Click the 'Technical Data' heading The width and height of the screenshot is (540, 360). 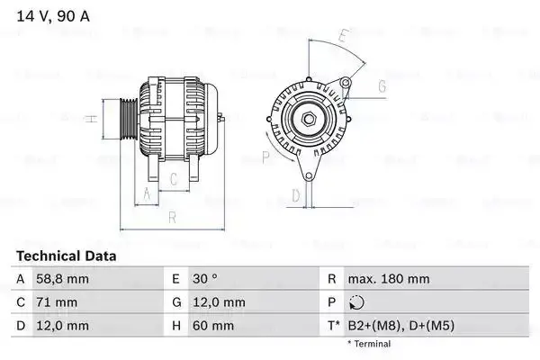click(67, 256)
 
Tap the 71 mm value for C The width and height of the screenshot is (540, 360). click(56, 302)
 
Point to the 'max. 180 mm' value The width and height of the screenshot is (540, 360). click(388, 280)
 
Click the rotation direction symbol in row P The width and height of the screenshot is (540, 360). click(356, 302)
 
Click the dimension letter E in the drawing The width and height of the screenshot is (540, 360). click(343, 37)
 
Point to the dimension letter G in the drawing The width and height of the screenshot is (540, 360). click(382, 86)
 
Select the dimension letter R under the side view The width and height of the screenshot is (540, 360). click(171, 216)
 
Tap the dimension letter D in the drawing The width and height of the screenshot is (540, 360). click(295, 195)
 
